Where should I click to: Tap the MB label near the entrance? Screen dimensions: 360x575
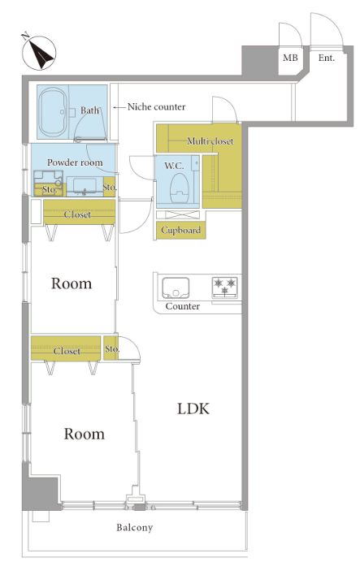tap(290, 58)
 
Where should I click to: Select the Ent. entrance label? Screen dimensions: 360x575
tap(326, 58)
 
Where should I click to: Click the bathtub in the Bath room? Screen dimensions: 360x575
tap(54, 112)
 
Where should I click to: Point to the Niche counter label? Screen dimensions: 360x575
tap(156, 106)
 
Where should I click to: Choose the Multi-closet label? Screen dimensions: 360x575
tap(210, 141)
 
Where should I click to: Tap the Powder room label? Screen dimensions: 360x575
tap(75, 162)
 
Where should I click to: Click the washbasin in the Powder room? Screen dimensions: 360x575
tap(85, 186)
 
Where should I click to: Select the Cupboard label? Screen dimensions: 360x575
tap(180, 231)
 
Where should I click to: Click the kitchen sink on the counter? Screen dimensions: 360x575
tap(176, 287)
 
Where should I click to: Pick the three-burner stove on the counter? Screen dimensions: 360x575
tap(225, 287)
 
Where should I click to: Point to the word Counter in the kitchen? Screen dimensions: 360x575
tap(183, 306)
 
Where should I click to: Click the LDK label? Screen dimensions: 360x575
tap(193, 409)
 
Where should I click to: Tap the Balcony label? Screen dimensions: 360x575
tap(135, 528)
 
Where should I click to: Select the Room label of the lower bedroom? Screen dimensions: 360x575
tap(84, 434)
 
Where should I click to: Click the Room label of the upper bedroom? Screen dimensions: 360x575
tap(72, 283)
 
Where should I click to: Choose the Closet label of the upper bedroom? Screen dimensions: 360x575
tap(77, 214)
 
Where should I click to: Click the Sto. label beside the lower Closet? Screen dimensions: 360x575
tap(111, 348)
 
